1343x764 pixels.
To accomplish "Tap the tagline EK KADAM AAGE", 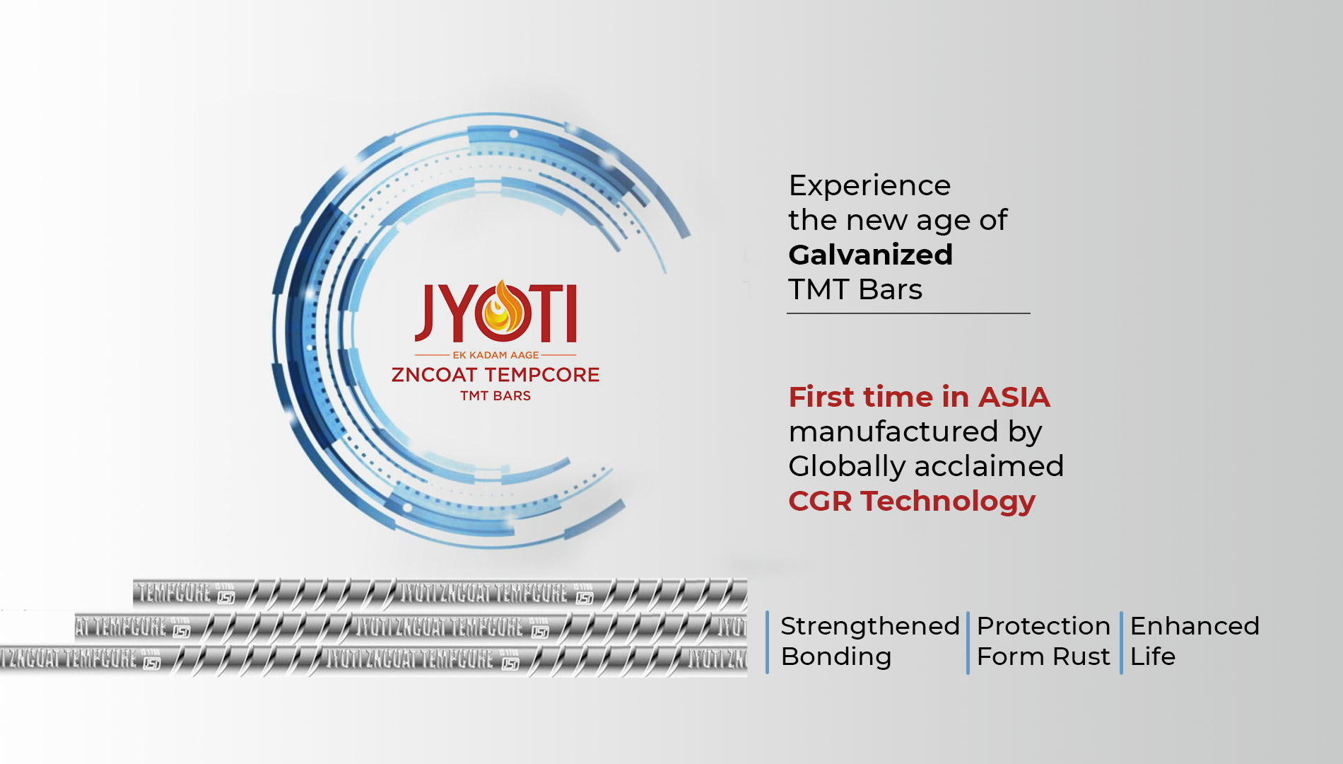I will tap(495, 355).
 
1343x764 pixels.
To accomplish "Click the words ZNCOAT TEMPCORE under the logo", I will tap(495, 375).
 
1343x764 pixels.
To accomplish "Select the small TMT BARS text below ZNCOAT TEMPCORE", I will tap(495, 396).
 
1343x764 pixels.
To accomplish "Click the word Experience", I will tap(869, 186).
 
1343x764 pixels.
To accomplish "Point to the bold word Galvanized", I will tap(871, 255).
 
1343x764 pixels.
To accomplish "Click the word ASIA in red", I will tap(1014, 397).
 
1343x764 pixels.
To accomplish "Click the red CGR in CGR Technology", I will tap(820, 502).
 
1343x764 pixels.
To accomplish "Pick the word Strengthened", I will tap(870, 626).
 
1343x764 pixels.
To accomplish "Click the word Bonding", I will tap(836, 656).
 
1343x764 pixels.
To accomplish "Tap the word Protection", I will tap(1043, 626).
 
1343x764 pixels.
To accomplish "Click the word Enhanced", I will tap(1195, 626).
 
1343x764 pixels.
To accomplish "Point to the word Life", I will tap(1152, 656).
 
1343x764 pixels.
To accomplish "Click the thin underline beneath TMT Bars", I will tap(908, 313).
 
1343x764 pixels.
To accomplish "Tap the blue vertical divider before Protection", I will tap(968, 642).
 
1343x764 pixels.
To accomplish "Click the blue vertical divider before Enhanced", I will tap(1121, 642).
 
